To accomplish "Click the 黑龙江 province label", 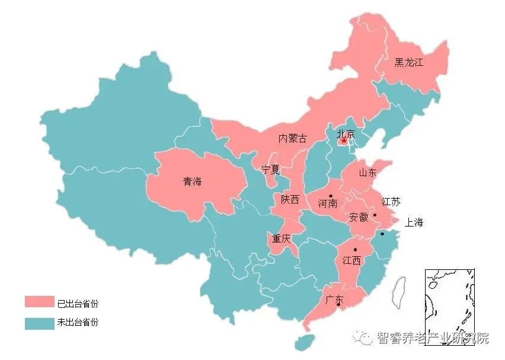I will [409, 62].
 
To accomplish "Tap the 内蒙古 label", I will [293, 139].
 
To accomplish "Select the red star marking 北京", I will [344, 141].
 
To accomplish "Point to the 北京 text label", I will [346, 133].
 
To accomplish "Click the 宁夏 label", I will [270, 169].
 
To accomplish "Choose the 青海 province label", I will [192, 181].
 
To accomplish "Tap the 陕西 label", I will [290, 200].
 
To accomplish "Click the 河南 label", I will [327, 203].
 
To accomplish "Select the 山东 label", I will [367, 173].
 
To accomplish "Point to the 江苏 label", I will [391, 202].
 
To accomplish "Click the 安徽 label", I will [359, 217].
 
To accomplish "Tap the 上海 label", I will [414, 223].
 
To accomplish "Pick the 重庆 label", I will [282, 240].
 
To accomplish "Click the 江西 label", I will [351, 260].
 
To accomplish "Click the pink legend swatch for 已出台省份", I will [39, 302].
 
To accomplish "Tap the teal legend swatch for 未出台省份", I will [39, 323].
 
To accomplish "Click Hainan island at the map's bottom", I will [305, 342].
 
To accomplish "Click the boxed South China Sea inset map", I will [449, 302].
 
